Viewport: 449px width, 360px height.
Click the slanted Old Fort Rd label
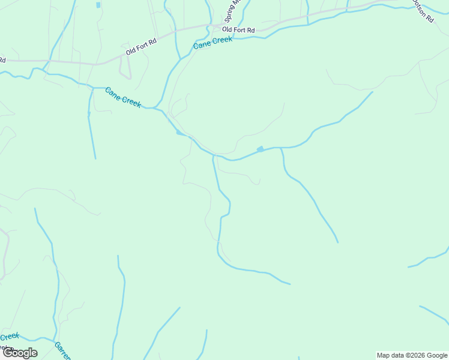click(x=141, y=46)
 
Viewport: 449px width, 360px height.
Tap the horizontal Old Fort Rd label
click(x=238, y=29)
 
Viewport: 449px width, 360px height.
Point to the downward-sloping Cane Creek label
click(x=123, y=97)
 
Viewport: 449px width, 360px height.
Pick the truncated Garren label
click(x=62, y=350)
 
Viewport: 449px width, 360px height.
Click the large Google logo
click(x=20, y=353)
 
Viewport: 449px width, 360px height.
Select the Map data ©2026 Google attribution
click(x=412, y=355)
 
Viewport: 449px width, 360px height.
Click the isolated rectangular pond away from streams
click(x=98, y=5)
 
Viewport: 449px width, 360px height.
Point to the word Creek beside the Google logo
click(x=10, y=337)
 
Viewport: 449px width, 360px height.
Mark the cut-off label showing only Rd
click(x=2, y=60)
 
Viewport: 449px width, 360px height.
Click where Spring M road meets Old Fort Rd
click(x=211, y=25)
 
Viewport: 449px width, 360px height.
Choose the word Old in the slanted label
click(x=130, y=52)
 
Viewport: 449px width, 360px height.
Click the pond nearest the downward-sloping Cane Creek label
click(x=179, y=133)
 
